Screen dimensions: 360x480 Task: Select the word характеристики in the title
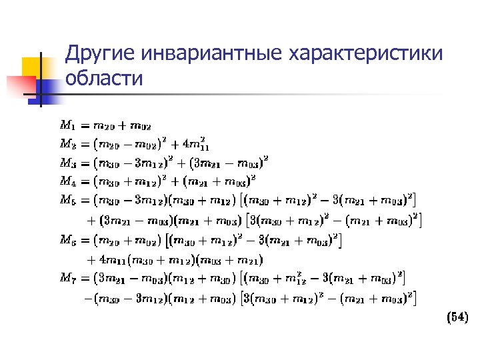(x=365, y=53)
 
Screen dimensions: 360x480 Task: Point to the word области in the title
(x=104, y=79)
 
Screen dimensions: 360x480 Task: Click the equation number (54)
(x=457, y=318)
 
